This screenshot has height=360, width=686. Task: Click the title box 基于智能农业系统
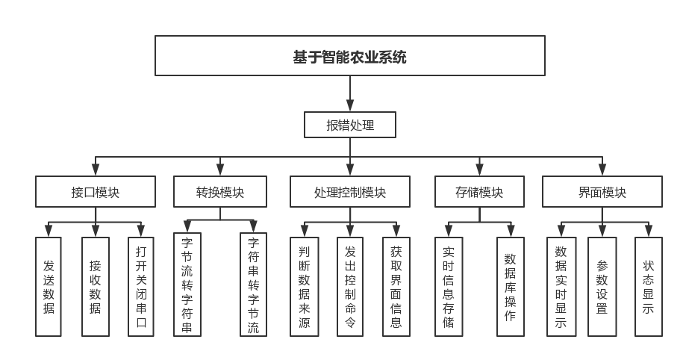[349, 56]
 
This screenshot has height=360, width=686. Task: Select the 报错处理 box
[349, 125]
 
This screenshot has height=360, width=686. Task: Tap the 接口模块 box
[96, 192]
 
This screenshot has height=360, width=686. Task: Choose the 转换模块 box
[219, 192]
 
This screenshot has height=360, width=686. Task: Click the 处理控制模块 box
[350, 192]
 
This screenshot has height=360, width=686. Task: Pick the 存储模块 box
[479, 192]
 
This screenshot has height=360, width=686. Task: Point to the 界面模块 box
[602, 192]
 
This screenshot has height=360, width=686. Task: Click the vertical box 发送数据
[49, 286]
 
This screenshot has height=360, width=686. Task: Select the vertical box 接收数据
[95, 286]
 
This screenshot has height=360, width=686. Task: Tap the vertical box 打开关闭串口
[141, 286]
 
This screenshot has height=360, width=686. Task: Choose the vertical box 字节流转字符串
[187, 285]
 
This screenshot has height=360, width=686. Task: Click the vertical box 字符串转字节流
[253, 285]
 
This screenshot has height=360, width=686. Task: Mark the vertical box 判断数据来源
[304, 286]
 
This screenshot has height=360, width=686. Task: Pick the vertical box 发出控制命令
[350, 286]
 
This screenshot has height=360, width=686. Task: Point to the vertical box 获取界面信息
[396, 286]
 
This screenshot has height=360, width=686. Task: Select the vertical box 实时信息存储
[448, 286]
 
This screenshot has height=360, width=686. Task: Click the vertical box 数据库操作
[510, 286]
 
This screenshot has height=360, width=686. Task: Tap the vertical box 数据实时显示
[561, 286]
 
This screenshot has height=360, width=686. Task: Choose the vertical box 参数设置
[602, 286]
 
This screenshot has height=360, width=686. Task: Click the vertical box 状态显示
[648, 286]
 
